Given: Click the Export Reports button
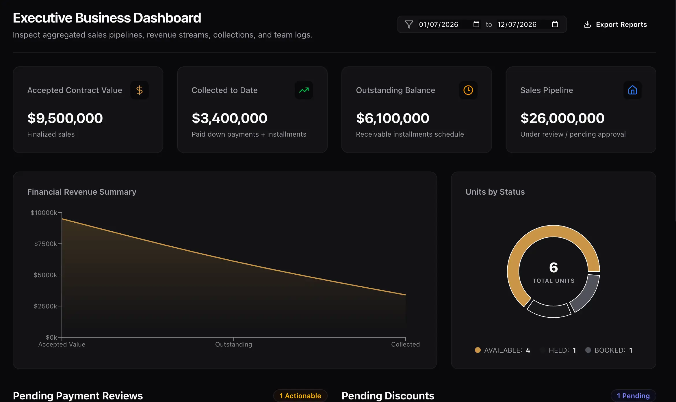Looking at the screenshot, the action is click(x=615, y=25).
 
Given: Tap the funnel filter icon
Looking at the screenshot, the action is click(x=409, y=25).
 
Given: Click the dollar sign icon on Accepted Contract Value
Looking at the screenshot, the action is click(x=140, y=90).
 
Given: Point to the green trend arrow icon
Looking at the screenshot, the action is click(x=304, y=90).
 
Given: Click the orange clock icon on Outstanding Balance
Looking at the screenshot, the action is click(x=468, y=90).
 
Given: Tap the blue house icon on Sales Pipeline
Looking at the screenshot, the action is click(x=633, y=90).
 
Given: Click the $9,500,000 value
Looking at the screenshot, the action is click(x=65, y=118).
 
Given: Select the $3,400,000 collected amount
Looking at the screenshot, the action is click(x=229, y=118).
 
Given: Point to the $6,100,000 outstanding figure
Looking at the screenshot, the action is click(x=393, y=118).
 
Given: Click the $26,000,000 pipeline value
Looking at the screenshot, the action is click(x=562, y=118).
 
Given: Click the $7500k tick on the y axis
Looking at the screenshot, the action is click(x=46, y=244).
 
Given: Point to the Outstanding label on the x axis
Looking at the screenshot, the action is click(x=234, y=344).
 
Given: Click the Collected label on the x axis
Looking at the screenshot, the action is click(x=405, y=344).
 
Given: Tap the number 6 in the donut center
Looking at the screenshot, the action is click(x=554, y=267).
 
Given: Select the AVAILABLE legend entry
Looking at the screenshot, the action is click(x=503, y=350).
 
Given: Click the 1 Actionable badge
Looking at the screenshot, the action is click(x=300, y=396).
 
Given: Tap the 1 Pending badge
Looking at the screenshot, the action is click(x=633, y=396).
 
